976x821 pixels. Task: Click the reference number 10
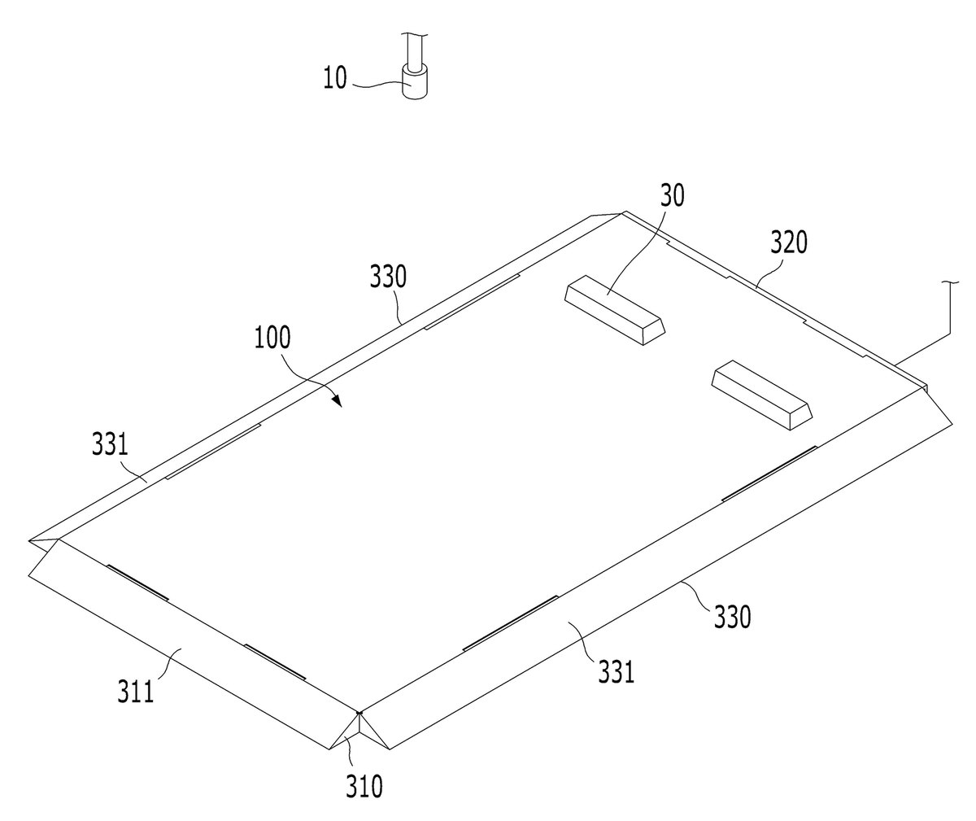[x=335, y=77]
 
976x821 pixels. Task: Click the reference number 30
[x=672, y=195]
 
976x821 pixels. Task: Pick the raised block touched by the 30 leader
[x=615, y=310]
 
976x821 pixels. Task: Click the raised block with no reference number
[x=761, y=395]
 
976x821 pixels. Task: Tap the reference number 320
[x=789, y=242]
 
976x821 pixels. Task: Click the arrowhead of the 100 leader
[x=337, y=400]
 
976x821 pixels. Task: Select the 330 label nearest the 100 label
[x=389, y=277]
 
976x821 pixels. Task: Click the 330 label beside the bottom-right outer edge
[x=733, y=616]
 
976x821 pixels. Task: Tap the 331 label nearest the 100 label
[x=110, y=443]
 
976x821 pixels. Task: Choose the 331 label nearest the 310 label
[x=616, y=672]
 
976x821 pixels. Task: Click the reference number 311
[x=136, y=692]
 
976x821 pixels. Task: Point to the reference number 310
[x=364, y=786]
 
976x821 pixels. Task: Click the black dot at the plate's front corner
[x=359, y=713]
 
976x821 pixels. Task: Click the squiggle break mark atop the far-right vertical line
[x=949, y=282]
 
